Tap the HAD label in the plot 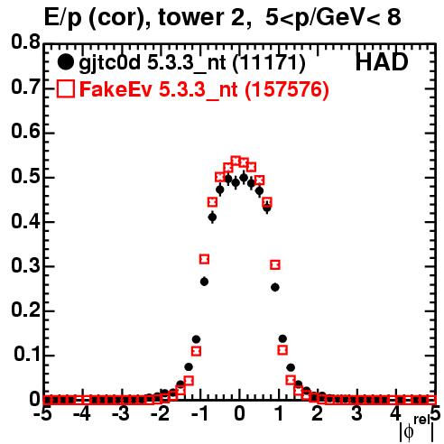[x=382, y=62]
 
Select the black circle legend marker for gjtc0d [x=65, y=62]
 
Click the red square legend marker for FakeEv [x=65, y=89]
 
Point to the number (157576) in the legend [x=287, y=89]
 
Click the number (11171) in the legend [x=269, y=63]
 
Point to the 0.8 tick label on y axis [x=25, y=42]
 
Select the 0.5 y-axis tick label [x=25, y=177]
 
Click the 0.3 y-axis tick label [x=25, y=266]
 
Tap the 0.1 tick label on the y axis [x=27, y=355]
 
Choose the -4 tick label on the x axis [x=82, y=413]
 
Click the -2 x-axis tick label [x=161, y=413]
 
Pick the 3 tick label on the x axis [x=356, y=413]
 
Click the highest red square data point [x=236, y=161]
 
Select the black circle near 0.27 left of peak [x=204, y=282]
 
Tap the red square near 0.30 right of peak [x=275, y=264]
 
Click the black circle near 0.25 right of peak [x=275, y=288]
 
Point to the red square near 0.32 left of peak [x=204, y=259]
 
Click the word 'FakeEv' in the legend [x=116, y=89]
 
